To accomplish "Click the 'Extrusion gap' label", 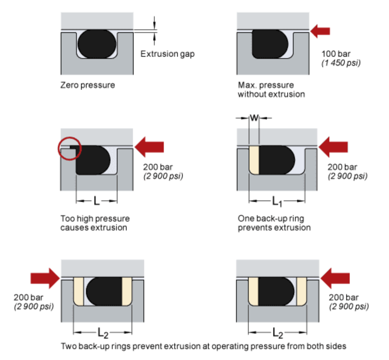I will coord(167,54).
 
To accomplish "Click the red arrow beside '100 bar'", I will coord(321,31).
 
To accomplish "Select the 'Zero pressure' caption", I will coord(87,85).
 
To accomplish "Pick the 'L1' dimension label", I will coord(277,202).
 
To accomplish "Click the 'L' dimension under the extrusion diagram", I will coord(96,201).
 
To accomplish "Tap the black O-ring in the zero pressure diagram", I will coord(96,43).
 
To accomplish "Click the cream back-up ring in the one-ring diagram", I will coord(254,159).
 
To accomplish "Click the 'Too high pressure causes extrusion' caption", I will coord(95,223).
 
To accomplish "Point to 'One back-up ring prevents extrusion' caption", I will coord(274,223).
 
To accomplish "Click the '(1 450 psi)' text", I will coord(341,64).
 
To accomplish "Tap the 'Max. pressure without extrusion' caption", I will coord(271,90).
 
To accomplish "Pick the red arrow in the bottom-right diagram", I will coord(335,278).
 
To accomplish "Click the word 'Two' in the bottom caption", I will coord(68,346).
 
